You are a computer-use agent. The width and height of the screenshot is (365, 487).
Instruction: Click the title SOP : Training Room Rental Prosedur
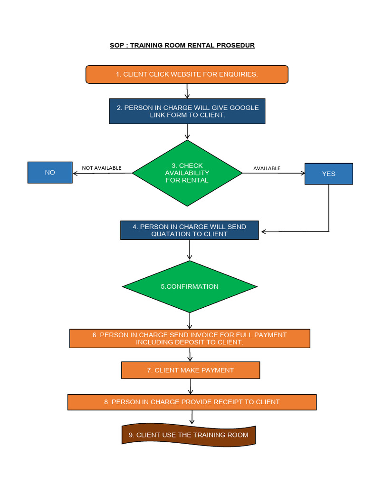[x=182, y=46]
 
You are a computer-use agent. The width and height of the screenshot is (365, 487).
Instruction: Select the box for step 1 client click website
[x=187, y=75]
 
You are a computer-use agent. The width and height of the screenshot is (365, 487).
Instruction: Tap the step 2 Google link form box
[x=187, y=111]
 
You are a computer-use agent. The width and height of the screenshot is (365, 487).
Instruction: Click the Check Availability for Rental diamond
[x=187, y=173]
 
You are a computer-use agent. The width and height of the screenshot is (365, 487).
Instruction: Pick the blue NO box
[x=50, y=173]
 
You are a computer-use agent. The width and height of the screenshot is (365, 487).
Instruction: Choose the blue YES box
[x=328, y=174]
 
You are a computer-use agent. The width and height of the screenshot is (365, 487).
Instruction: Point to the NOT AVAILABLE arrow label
[x=102, y=168]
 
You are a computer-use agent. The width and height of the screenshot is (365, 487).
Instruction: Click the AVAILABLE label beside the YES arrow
[x=267, y=168]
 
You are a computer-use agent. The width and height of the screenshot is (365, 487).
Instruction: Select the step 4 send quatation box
[x=189, y=230]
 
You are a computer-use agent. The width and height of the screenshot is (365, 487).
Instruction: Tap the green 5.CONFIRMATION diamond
[x=190, y=286]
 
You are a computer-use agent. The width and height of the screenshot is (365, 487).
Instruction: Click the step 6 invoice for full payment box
[x=190, y=339]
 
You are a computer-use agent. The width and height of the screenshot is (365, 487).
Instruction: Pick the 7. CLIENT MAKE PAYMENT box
[x=191, y=370]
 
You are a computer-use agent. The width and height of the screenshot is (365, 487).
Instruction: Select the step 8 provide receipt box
[x=192, y=402]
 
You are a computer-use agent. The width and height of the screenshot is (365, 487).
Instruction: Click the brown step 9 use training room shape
[x=188, y=435]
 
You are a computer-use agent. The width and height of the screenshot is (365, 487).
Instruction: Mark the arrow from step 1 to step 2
[x=187, y=91]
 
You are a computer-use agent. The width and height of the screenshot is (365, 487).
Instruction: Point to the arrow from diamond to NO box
[x=102, y=173]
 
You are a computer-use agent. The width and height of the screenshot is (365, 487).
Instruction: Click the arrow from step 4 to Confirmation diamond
[x=190, y=250]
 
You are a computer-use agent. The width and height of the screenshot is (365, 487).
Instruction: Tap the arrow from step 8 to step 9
[x=192, y=417]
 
